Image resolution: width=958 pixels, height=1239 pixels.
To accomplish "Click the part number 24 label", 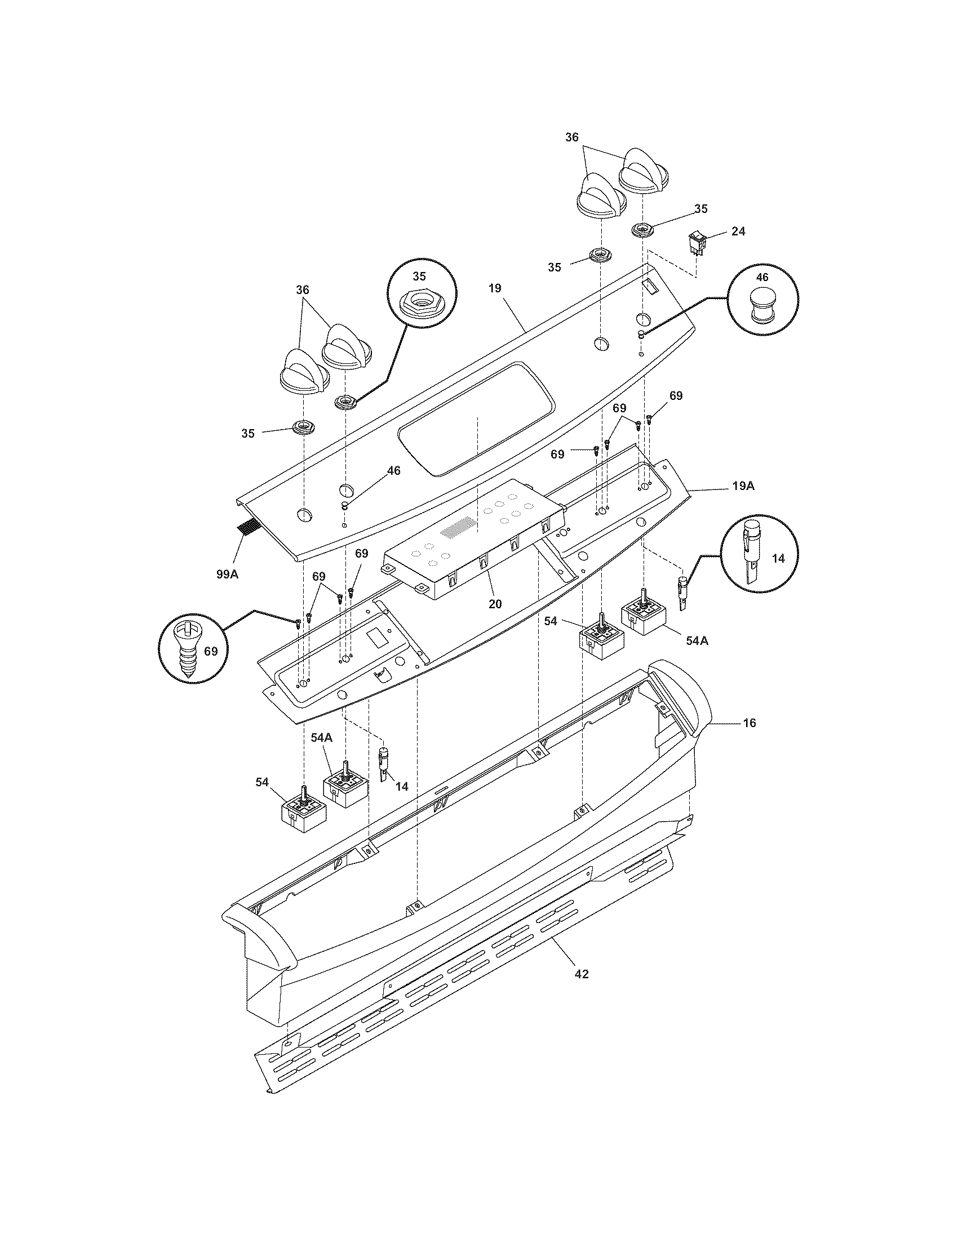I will [x=738, y=231].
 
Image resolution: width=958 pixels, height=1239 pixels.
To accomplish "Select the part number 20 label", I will [x=495, y=604].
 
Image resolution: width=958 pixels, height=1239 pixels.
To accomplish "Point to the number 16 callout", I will [x=749, y=723].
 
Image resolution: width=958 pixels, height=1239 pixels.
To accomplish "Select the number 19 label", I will [x=495, y=288].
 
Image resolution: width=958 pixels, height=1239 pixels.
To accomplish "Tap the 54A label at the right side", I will [x=697, y=640].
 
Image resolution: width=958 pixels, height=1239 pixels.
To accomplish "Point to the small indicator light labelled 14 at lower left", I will [x=383, y=763].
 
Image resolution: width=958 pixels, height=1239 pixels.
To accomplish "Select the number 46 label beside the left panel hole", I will [x=393, y=470].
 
